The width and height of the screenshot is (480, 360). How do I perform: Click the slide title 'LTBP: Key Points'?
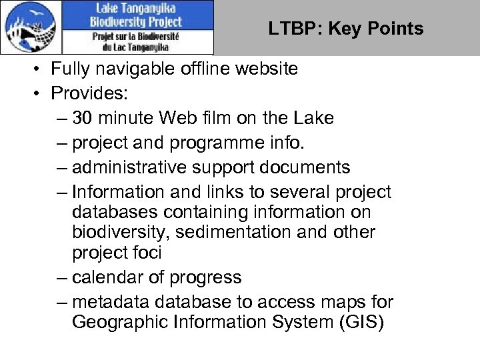pos(346,29)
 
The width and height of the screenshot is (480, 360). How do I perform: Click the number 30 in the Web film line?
pos(83,118)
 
